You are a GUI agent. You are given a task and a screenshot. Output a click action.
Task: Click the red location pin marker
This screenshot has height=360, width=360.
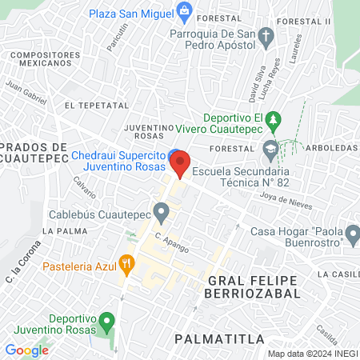(181, 162)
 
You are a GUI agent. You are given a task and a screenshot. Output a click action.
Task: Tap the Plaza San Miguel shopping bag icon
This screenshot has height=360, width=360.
(186, 10)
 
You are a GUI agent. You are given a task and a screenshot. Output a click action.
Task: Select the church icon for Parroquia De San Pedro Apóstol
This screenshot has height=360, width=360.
(268, 34)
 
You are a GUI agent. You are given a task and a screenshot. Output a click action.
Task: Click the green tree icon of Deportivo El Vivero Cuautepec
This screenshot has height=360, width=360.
(274, 120)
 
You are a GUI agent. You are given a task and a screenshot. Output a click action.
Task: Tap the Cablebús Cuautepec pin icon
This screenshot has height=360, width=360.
(162, 213)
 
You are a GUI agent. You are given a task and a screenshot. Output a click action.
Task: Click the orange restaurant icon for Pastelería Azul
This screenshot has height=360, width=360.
(126, 262)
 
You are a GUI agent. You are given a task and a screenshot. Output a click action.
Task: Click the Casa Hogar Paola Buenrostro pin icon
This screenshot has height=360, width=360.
(350, 233)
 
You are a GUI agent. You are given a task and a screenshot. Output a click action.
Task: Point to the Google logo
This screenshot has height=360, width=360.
(26, 350)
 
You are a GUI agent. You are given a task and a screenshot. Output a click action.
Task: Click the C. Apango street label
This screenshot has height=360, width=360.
(172, 242)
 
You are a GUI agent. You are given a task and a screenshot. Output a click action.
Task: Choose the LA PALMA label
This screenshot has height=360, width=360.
(60, 230)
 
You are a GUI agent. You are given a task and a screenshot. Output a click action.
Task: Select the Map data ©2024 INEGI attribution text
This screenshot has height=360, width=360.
(312, 354)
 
